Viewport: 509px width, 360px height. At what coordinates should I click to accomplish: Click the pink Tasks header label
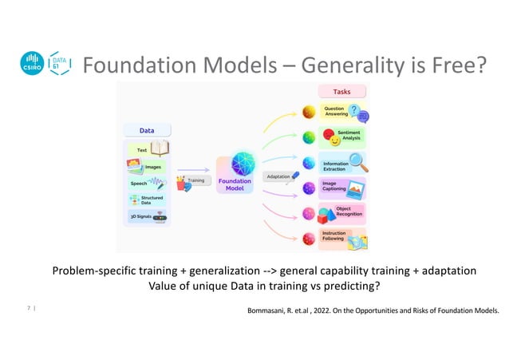click(341, 92)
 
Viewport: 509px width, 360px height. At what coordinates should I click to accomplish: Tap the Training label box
click(195, 180)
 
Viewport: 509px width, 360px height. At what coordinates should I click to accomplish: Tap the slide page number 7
click(29, 305)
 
